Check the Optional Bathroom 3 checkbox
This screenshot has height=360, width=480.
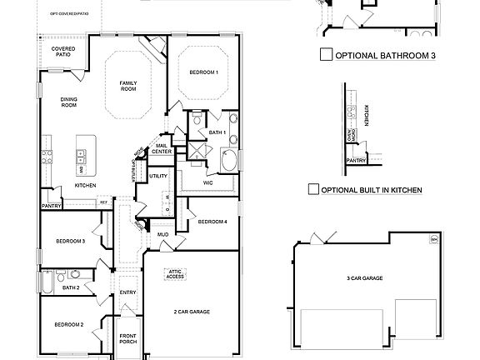pyautogui.click(x=327, y=56)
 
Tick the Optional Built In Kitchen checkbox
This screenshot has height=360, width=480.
pyautogui.click(x=313, y=190)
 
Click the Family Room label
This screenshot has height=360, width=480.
pyautogui.click(x=128, y=86)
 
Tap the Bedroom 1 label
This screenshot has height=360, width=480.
pyautogui.click(x=203, y=72)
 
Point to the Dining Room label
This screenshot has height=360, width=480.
pyautogui.click(x=68, y=102)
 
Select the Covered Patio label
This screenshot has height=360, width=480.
pyautogui.click(x=63, y=52)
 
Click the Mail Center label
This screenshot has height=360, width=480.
pyautogui.click(x=162, y=149)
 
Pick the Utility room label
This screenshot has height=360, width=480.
pyautogui.click(x=158, y=176)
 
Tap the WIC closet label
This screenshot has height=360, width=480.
pyautogui.click(x=209, y=182)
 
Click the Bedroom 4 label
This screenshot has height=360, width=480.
pyautogui.click(x=212, y=222)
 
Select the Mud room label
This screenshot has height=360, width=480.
pyautogui.click(x=163, y=236)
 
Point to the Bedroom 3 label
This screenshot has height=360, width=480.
pyautogui.click(x=71, y=241)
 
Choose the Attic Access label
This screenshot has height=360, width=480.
pyautogui.click(x=175, y=274)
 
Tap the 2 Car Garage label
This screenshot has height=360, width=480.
pyautogui.click(x=192, y=312)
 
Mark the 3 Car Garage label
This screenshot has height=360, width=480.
pyautogui.click(x=364, y=277)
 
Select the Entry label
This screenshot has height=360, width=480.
pyautogui.click(x=127, y=292)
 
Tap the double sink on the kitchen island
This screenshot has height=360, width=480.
pyautogui.click(x=81, y=154)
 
